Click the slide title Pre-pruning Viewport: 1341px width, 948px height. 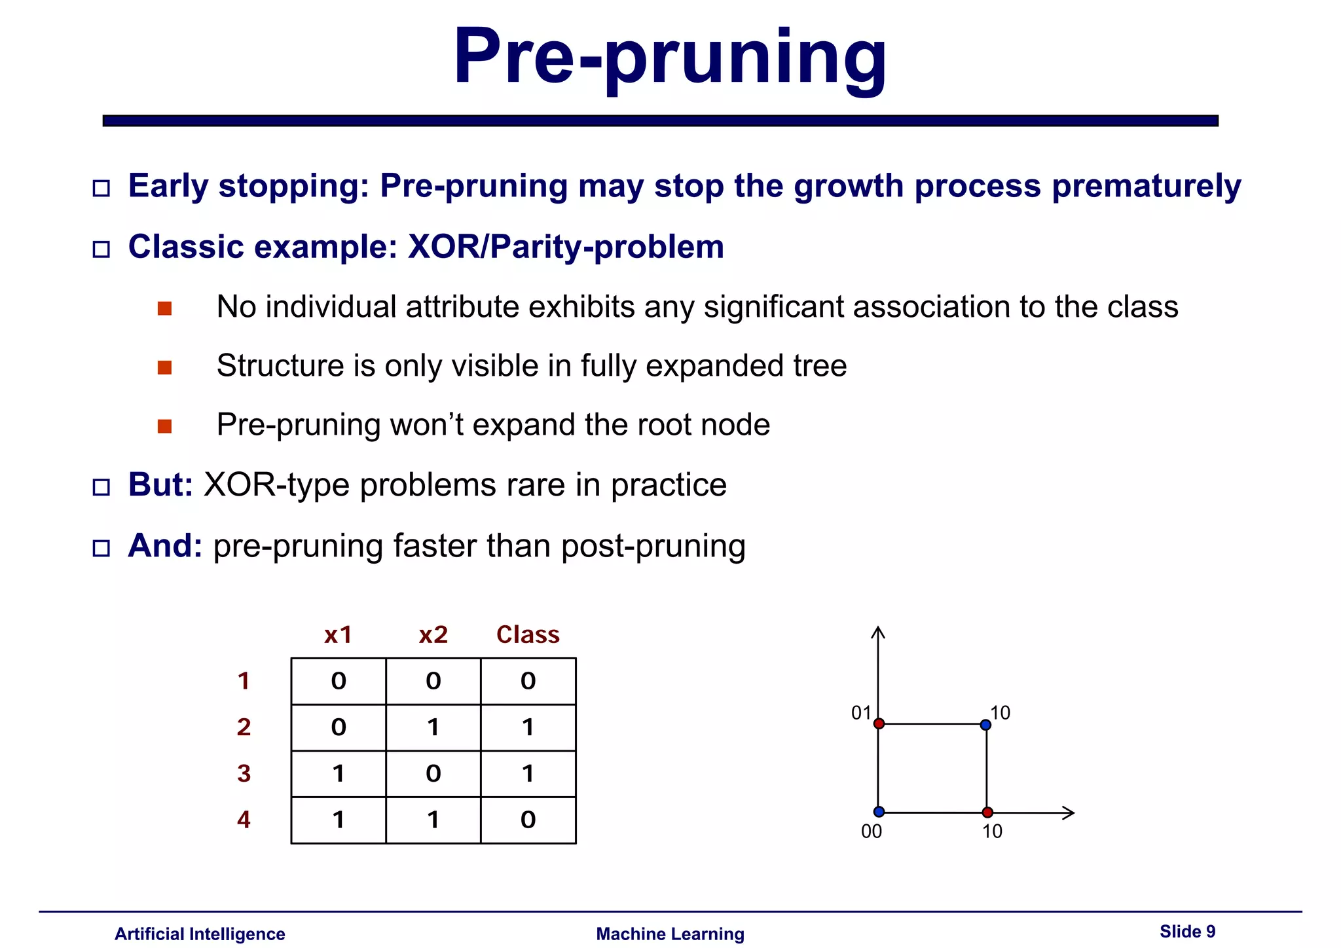tap(670, 58)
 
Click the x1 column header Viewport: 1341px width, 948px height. tap(338, 634)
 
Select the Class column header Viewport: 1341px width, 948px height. tap(528, 634)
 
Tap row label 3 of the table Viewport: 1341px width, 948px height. tap(244, 773)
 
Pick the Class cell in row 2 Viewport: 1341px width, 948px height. tap(528, 727)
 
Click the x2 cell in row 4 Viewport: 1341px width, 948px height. tap(433, 820)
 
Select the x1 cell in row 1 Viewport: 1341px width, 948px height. tap(338, 681)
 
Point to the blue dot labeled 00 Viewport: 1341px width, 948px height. tap(879, 812)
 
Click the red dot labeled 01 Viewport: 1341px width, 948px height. tap(879, 723)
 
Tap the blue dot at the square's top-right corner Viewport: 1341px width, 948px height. tap(985, 725)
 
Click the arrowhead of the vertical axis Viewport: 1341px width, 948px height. tap(878, 631)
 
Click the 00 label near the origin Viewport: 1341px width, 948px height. tap(871, 831)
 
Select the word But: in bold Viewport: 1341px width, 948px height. tap(160, 485)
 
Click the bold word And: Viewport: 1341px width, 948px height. tap(165, 545)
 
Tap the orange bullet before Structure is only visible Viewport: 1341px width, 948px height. tap(164, 367)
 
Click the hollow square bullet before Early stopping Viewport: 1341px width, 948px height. tap(101, 189)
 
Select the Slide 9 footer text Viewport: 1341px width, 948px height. tap(1186, 932)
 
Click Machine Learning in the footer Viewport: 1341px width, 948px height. tap(670, 934)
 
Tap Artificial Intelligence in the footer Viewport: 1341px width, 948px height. tap(200, 934)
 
